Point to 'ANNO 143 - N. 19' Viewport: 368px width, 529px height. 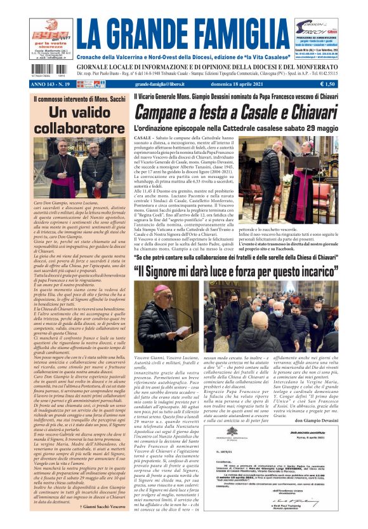tap(53, 83)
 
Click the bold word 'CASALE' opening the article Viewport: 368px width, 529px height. tap(143, 138)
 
